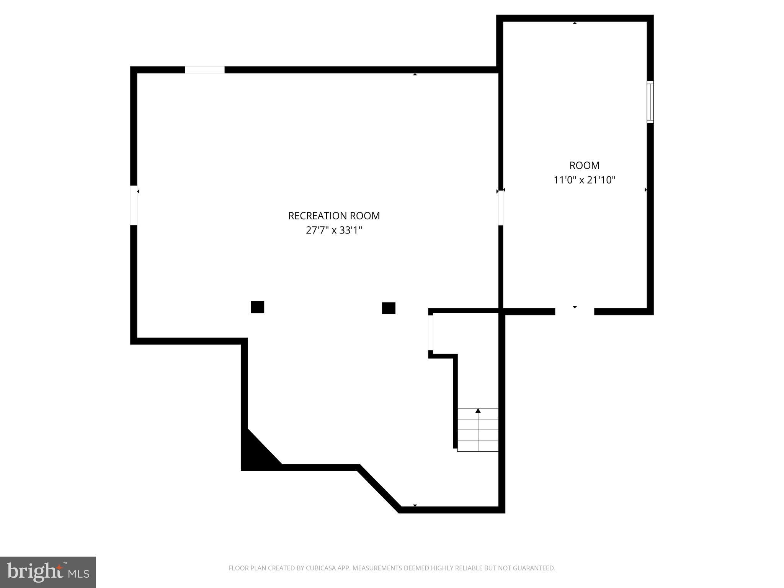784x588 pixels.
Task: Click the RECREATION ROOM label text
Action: point(334,216)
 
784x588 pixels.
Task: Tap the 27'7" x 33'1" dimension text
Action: point(334,230)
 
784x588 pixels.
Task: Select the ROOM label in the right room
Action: point(584,165)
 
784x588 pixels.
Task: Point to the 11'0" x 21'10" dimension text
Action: point(584,180)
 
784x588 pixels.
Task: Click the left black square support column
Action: point(257,307)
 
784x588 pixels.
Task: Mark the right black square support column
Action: point(389,308)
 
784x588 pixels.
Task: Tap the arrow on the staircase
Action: point(478,411)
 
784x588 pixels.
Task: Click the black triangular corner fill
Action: point(255,454)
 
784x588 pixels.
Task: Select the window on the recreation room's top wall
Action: point(205,70)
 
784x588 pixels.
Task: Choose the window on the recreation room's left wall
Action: point(134,206)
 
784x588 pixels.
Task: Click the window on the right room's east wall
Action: point(650,102)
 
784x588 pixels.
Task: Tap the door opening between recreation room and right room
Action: point(500,208)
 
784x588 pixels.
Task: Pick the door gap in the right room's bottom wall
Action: point(574,312)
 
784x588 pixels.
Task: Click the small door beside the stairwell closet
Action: point(431,333)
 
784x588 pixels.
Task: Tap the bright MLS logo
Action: point(48,572)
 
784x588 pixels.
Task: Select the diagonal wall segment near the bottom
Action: point(379,488)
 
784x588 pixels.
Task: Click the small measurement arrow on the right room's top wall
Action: point(575,23)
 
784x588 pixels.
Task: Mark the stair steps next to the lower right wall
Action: point(478,430)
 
